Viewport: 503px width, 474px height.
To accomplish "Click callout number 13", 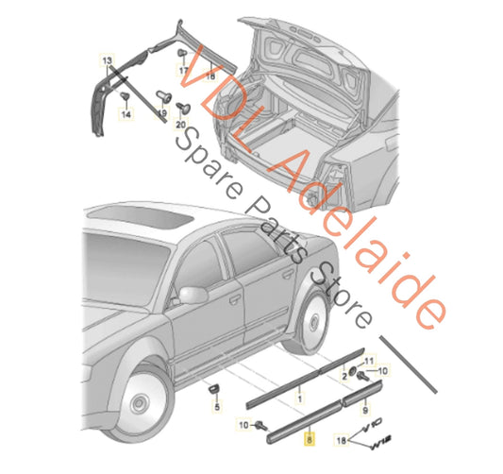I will click(x=108, y=59).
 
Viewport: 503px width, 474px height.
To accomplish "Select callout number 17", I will click(x=183, y=71).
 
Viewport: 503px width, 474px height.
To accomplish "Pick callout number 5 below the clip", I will click(x=216, y=407).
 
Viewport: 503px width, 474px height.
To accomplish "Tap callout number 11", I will click(x=369, y=362).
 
